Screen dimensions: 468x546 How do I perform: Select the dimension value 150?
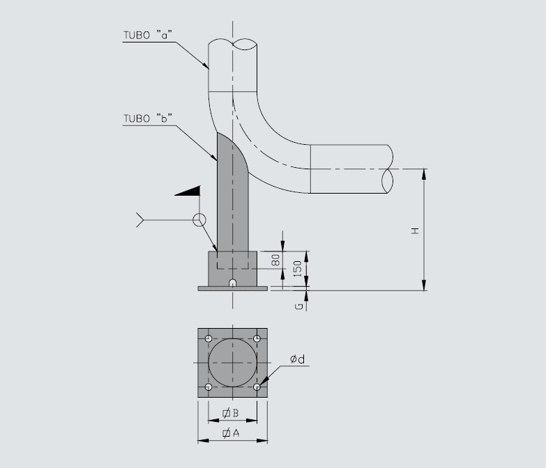[x=297, y=269]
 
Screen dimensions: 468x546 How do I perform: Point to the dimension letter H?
[x=415, y=230]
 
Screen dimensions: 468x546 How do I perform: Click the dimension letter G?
[x=298, y=305]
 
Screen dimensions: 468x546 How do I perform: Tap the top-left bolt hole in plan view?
[x=208, y=338]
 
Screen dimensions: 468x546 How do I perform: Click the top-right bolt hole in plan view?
[x=257, y=338]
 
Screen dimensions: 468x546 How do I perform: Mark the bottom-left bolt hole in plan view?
[x=208, y=387]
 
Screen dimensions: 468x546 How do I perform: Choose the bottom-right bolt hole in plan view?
[x=257, y=387]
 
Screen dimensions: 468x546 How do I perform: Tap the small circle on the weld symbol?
[x=200, y=220]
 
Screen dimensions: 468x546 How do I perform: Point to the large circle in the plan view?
[x=233, y=363]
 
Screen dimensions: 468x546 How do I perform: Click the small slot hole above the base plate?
[x=233, y=283]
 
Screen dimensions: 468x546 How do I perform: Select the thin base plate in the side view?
[x=233, y=288]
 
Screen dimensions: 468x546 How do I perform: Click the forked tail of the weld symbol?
[x=140, y=220]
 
